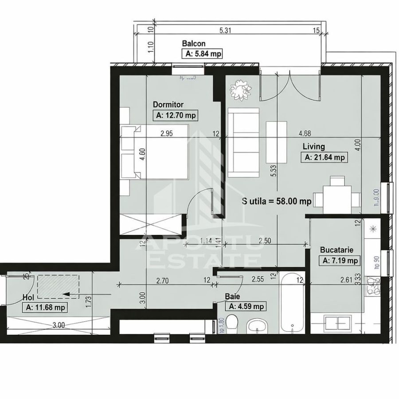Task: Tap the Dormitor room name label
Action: [x=168, y=105]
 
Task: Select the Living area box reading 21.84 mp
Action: [x=323, y=157]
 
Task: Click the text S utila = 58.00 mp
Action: [x=276, y=201]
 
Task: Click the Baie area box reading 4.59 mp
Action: [x=246, y=306]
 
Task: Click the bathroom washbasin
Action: [x=258, y=326]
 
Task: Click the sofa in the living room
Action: [x=243, y=143]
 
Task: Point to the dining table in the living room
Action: [x=337, y=196]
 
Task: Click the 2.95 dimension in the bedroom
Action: [x=167, y=133]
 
